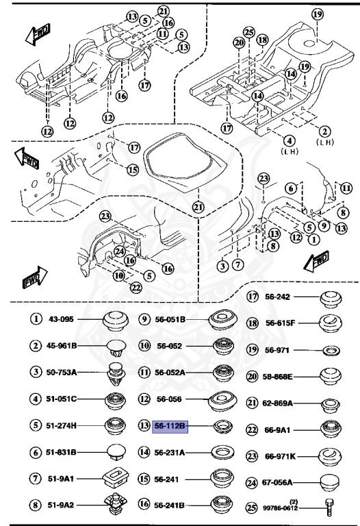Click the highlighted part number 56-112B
[x=170, y=427]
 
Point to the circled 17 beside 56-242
[x=253, y=297]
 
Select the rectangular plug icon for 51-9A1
[x=114, y=478]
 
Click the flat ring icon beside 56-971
[x=332, y=350]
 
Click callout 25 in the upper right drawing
[x=249, y=32]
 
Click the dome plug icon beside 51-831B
[x=114, y=451]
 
